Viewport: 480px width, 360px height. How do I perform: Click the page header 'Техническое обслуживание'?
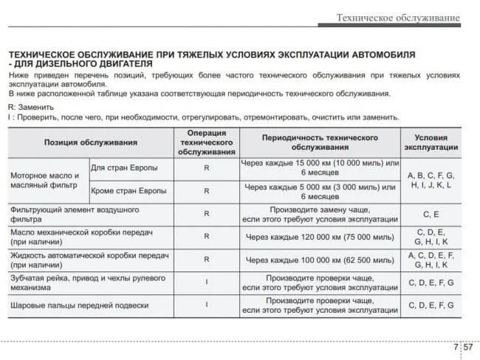point(398,17)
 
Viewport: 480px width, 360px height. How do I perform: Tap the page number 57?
point(467,346)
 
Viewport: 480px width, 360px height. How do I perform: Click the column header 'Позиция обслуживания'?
point(90,142)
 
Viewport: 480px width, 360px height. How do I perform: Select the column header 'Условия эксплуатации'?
point(431,142)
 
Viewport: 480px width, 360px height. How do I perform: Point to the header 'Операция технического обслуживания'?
point(206,142)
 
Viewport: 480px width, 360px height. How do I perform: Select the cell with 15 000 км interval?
point(319,167)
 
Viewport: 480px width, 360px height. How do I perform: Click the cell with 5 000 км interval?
point(319,191)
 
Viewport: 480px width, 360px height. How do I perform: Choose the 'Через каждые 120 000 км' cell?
point(319,237)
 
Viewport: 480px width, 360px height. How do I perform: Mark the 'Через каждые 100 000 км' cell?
point(319,260)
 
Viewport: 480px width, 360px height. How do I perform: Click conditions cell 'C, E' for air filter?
point(431,214)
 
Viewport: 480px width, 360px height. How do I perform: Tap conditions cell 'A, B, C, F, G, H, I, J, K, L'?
point(431,181)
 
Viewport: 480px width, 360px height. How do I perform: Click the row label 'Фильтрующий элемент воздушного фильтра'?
point(75,214)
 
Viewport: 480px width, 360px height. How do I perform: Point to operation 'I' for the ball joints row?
point(206,305)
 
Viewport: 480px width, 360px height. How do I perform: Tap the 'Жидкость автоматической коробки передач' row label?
point(89,260)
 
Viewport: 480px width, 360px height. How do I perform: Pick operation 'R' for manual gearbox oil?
point(206,237)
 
